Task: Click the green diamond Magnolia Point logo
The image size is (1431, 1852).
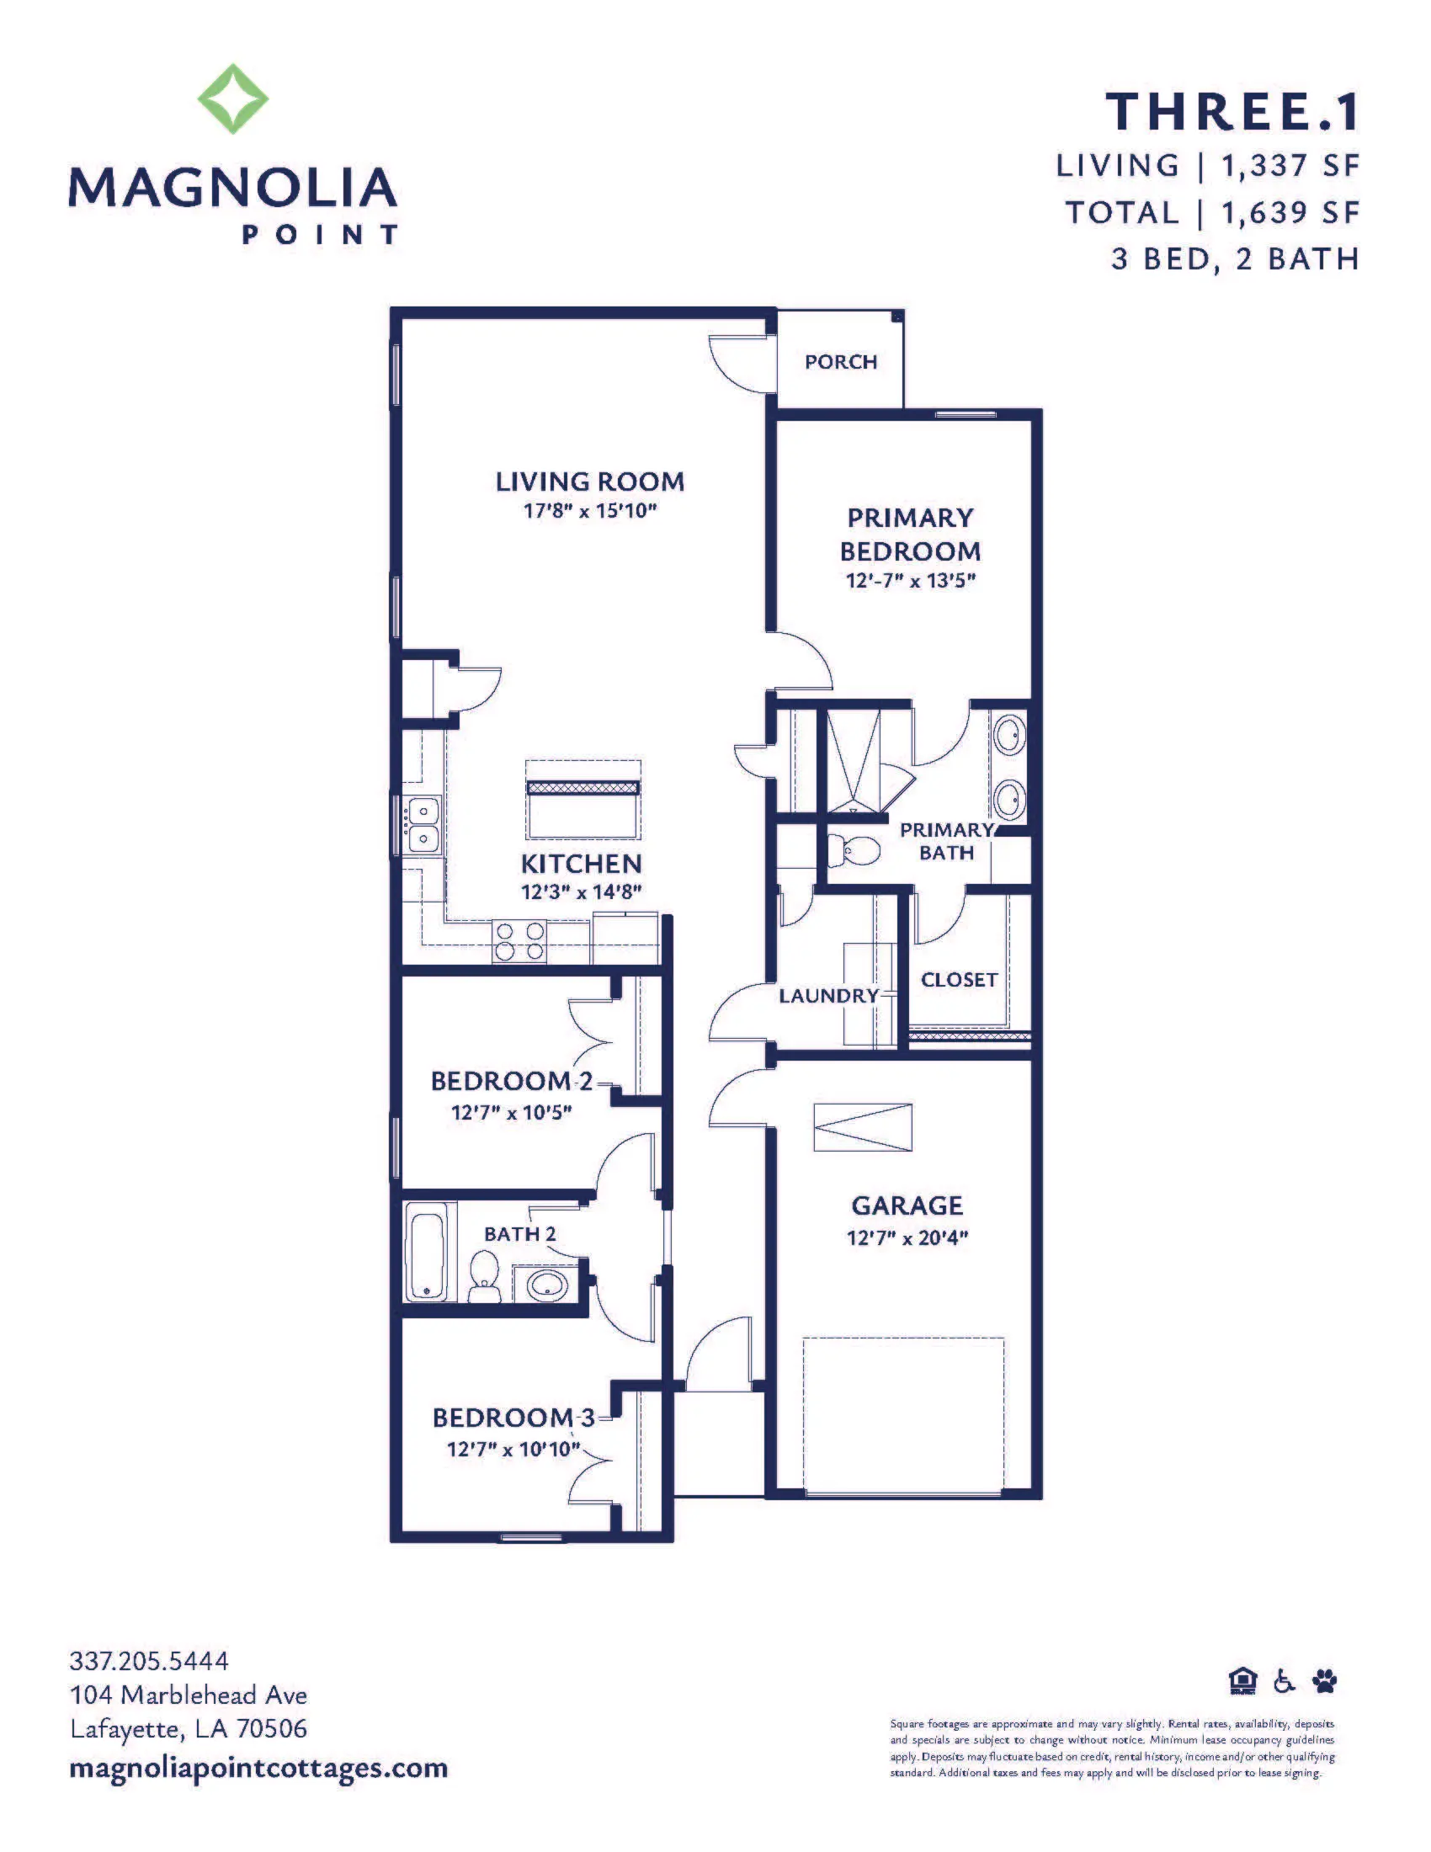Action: click(233, 98)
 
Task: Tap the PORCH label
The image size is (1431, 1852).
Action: click(841, 362)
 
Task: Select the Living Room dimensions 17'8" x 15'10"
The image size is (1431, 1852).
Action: click(590, 511)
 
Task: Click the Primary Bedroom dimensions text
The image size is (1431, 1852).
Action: click(911, 581)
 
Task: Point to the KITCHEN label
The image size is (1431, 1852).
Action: click(582, 864)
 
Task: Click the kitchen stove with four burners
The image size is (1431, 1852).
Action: click(519, 941)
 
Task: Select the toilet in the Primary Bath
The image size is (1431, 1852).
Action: click(853, 849)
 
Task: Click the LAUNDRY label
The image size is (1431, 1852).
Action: click(829, 996)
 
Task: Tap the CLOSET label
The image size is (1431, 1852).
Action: click(959, 979)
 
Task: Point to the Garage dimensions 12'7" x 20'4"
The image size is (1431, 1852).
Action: click(907, 1238)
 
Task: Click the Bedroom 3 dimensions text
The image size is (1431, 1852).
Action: click(513, 1449)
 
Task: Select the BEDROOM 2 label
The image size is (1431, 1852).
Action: click(512, 1081)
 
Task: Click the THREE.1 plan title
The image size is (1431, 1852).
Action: click(1232, 112)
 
